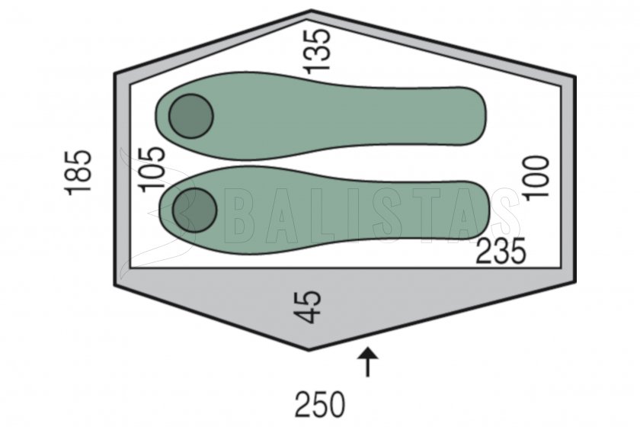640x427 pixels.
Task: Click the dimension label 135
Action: coord(318,52)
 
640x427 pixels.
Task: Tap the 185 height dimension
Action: coord(78,173)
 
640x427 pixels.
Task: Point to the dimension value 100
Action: coord(536,178)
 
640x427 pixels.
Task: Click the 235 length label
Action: coord(501,252)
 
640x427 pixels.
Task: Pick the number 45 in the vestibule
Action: coord(307,307)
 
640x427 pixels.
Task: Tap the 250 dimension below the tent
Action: coord(320,405)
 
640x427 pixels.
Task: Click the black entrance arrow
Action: coord(368,362)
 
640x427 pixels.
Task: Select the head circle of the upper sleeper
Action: coord(191,117)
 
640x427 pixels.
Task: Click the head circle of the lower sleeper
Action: coord(194,210)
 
